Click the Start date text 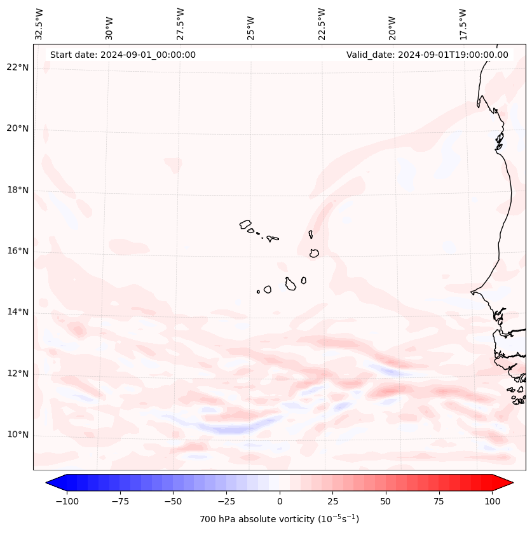[x=123, y=55]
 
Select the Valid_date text [x=427, y=55]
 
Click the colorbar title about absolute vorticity [x=279, y=519]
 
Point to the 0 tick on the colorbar [x=279, y=501]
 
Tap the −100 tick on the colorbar [x=67, y=501]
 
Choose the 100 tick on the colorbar [x=492, y=501]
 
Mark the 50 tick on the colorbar [x=386, y=501]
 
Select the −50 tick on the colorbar [x=173, y=501]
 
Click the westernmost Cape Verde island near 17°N [x=245, y=224]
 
